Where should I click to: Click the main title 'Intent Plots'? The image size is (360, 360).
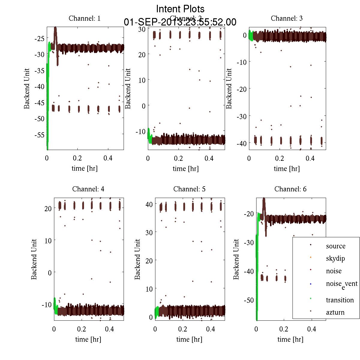pyautogui.click(x=180, y=9)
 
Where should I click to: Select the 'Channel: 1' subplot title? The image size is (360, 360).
pyautogui.click(x=85, y=18)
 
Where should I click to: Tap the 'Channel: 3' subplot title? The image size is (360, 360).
pyautogui.click(x=286, y=18)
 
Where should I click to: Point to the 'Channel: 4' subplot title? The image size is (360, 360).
pyautogui.click(x=88, y=189)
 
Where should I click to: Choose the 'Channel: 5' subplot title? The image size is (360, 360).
pyautogui.click(x=189, y=189)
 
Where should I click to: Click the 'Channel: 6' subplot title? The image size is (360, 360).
pyautogui.click(x=290, y=189)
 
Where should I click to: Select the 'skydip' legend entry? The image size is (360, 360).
pyautogui.click(x=335, y=258)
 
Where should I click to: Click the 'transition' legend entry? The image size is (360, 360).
pyautogui.click(x=340, y=300)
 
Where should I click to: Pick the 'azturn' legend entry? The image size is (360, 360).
pyautogui.click(x=335, y=312)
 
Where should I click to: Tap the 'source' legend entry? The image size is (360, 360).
pyautogui.click(x=335, y=246)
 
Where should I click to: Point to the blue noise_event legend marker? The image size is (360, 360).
pyautogui.click(x=310, y=284)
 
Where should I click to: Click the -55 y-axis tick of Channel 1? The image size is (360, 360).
pyautogui.click(x=39, y=135)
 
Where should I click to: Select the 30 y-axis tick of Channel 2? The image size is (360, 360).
pyautogui.click(x=142, y=29)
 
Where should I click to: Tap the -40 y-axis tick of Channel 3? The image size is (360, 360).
pyautogui.click(x=241, y=143)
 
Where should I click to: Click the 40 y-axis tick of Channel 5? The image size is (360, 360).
pyautogui.click(x=149, y=204)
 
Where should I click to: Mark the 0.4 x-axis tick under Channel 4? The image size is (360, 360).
pyautogui.click(x=109, y=329)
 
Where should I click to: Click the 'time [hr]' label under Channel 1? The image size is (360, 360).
pyautogui.click(x=85, y=168)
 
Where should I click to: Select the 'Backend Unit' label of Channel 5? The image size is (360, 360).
pyautogui.click(x=137, y=259)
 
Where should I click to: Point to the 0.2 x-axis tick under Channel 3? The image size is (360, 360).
pyautogui.click(x=280, y=158)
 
